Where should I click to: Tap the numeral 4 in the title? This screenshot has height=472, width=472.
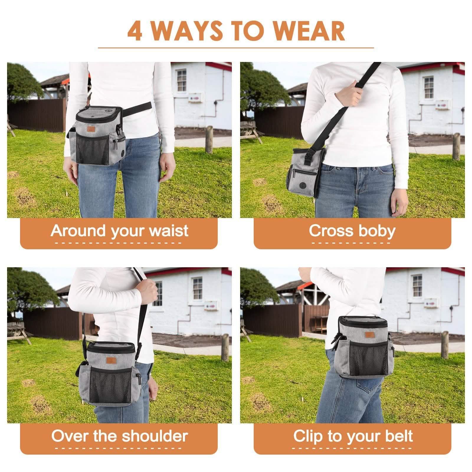[135, 31]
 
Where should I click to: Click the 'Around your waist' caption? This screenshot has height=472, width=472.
[119, 230]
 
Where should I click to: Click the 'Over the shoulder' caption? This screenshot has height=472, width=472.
[119, 436]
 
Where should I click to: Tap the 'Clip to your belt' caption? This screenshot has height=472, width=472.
[353, 436]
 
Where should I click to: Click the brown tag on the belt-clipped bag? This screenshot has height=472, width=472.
[369, 334]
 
